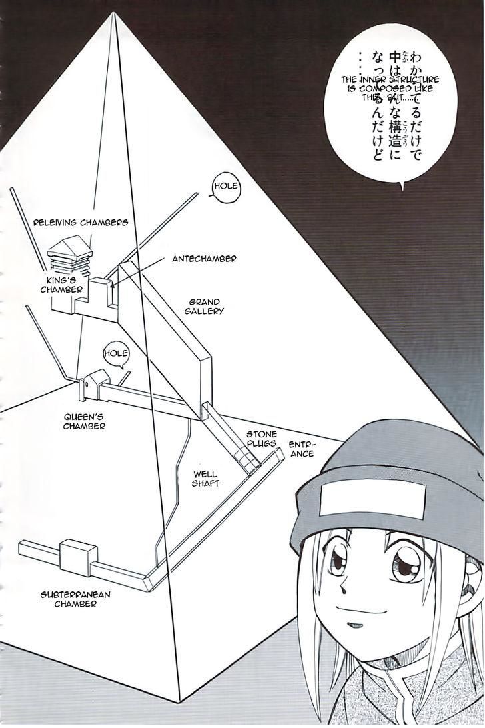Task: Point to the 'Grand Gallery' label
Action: pyautogui.click(x=205, y=306)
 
